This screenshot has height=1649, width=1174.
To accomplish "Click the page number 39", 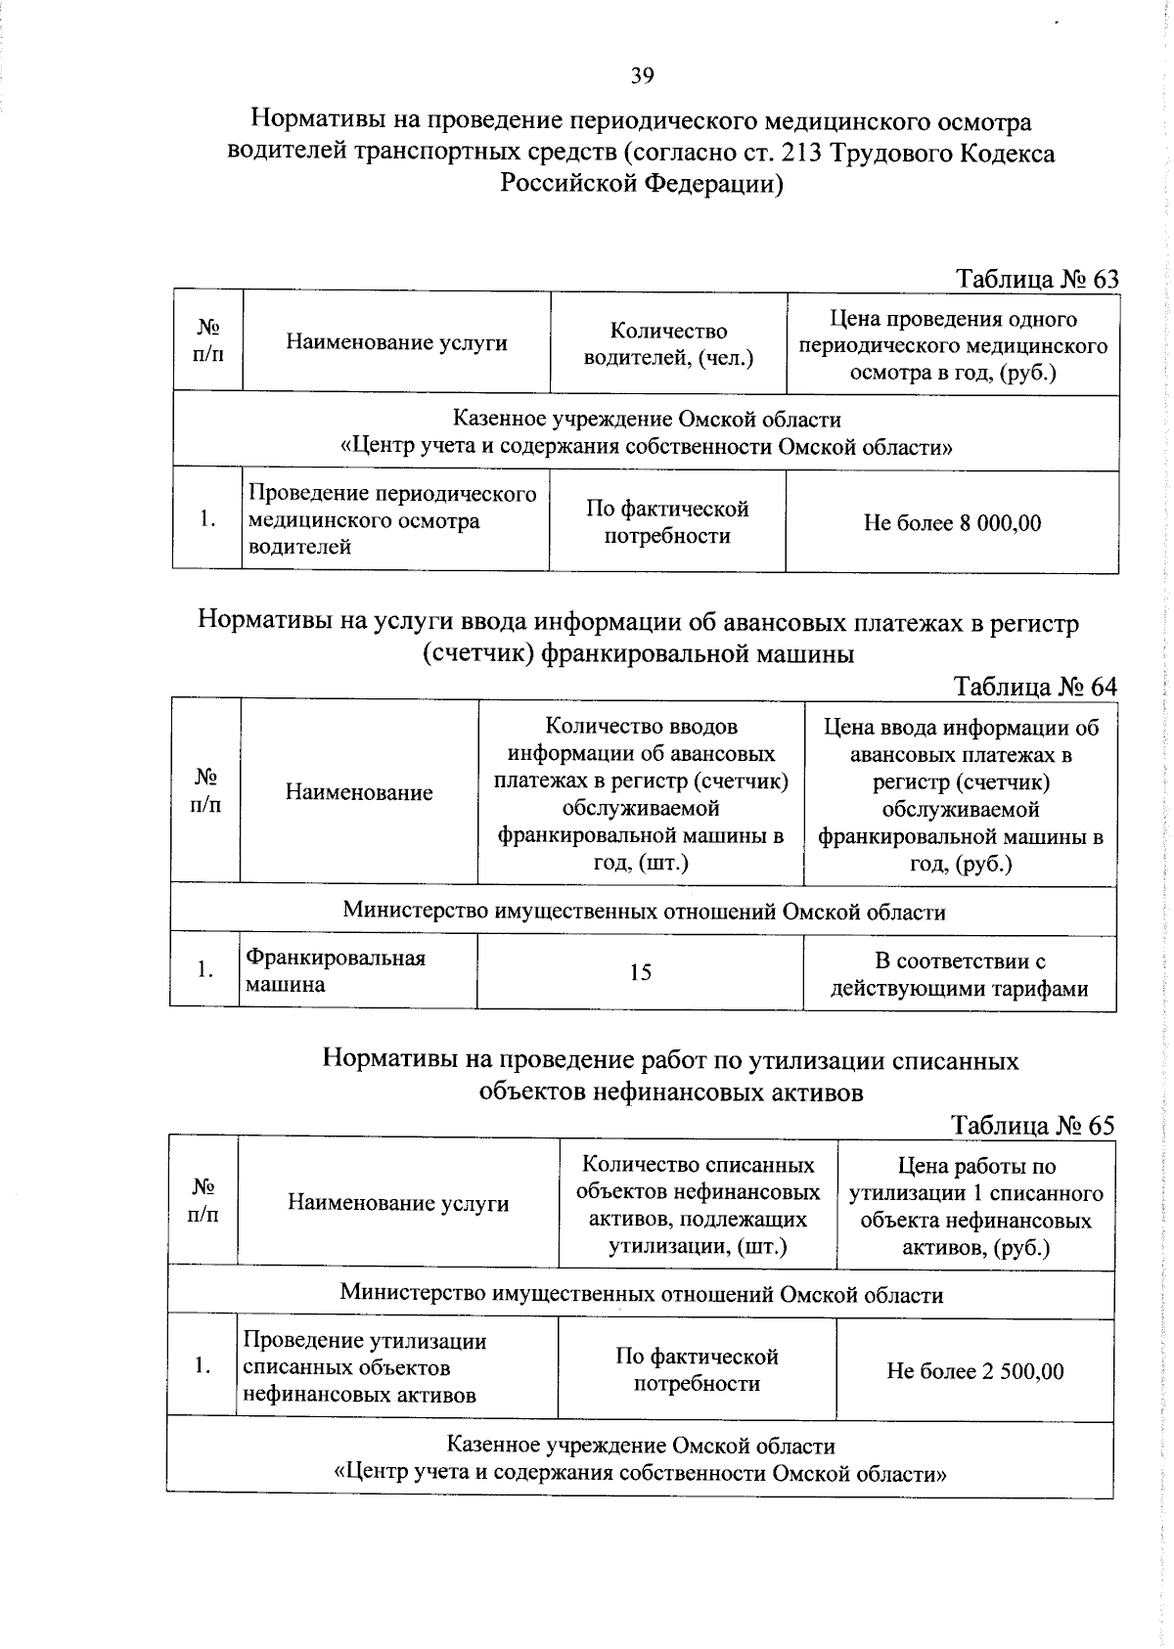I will [x=642, y=76].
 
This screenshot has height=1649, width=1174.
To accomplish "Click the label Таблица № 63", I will [x=1036, y=280].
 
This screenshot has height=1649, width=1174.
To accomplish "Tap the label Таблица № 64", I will [x=1034, y=687].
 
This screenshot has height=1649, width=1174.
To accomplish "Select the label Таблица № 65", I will [x=1032, y=1126].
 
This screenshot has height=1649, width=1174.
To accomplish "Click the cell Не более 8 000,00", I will [x=952, y=523].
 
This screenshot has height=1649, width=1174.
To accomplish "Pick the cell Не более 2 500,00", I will [x=974, y=1371].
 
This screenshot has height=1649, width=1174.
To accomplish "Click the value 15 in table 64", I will [x=640, y=972].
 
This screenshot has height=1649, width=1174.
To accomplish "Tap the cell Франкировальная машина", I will [x=336, y=971].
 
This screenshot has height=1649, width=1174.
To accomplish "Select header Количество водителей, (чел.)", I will [x=668, y=344].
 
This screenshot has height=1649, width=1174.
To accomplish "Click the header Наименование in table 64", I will [x=359, y=792].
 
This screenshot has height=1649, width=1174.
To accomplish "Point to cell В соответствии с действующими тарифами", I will [x=959, y=975].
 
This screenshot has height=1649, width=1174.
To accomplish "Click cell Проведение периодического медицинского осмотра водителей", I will [x=392, y=520].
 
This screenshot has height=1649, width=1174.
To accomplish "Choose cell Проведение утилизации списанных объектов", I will [x=364, y=1367].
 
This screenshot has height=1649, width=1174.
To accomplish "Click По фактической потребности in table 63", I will [x=667, y=522].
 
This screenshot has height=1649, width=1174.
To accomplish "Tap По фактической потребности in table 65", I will [x=697, y=1369].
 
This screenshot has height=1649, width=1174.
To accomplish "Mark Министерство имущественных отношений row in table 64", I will [x=644, y=913].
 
